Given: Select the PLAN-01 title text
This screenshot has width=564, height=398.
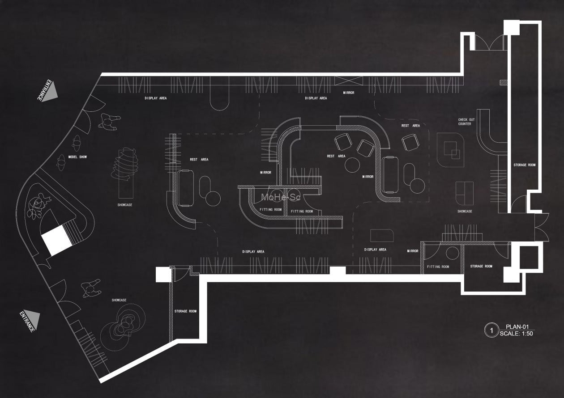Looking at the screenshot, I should [517, 327].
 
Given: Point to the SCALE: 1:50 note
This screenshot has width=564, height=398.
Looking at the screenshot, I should [516, 333].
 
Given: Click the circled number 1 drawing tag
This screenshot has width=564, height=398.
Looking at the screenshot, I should [491, 330].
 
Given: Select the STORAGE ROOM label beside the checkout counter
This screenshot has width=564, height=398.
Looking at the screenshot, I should [524, 165].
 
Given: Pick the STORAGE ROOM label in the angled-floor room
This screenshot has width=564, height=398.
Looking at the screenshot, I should [185, 311].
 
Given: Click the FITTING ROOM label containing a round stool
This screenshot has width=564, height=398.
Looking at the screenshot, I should [438, 267].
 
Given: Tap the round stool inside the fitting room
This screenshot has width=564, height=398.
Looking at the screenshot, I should [453, 254].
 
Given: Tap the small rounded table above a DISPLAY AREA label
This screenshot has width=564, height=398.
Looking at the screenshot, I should [382, 235].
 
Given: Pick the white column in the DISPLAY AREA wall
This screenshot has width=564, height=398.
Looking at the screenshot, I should [338, 271].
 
